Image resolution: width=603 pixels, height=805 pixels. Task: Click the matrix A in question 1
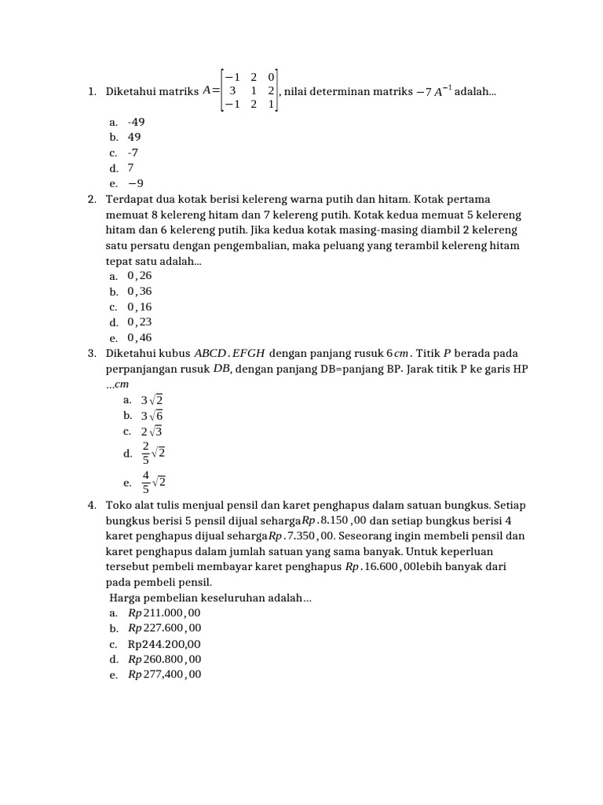tap(250, 92)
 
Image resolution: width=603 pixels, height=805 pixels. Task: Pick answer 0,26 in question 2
tap(139, 276)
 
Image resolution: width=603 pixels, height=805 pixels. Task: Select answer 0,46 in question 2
tap(139, 338)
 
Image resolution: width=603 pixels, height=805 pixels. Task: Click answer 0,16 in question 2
tap(139, 307)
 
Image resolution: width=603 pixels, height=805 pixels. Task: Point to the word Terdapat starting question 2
tap(128, 200)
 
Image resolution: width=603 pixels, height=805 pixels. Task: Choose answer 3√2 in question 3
tap(152, 400)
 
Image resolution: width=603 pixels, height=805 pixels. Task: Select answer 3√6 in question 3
tap(152, 416)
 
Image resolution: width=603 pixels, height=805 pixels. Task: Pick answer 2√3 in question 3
tap(152, 432)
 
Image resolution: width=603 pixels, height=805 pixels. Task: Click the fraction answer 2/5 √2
tap(152, 454)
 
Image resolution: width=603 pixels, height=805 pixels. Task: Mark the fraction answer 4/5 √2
tap(152, 482)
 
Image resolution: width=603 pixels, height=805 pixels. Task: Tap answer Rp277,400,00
tap(164, 675)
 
